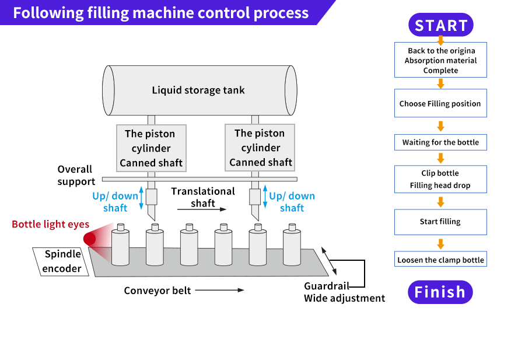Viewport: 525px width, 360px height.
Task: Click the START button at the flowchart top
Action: (x=440, y=25)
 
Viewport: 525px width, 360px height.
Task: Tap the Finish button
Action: (x=440, y=292)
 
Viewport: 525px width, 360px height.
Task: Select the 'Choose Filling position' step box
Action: (x=440, y=104)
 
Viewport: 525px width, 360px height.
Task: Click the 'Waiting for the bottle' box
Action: (x=440, y=142)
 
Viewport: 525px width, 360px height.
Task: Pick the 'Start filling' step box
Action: (x=440, y=222)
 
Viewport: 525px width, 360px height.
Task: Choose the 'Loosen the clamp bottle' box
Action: (x=440, y=260)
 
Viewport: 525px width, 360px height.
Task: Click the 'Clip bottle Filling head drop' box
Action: (x=440, y=179)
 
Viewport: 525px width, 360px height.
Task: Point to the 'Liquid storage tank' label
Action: (x=198, y=90)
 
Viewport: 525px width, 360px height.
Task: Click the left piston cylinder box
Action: (x=151, y=148)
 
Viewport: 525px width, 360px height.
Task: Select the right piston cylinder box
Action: (x=261, y=148)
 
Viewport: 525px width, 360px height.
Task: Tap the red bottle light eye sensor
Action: (x=90, y=239)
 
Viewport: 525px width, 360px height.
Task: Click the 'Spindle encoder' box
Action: (x=61, y=262)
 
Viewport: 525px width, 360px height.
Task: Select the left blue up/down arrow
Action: (x=141, y=199)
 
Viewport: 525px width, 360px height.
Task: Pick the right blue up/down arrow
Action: (x=265, y=198)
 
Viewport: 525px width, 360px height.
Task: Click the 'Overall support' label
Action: (x=76, y=175)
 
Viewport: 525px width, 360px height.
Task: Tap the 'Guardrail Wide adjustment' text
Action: (x=344, y=292)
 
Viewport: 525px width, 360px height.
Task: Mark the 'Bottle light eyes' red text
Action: (x=50, y=224)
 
